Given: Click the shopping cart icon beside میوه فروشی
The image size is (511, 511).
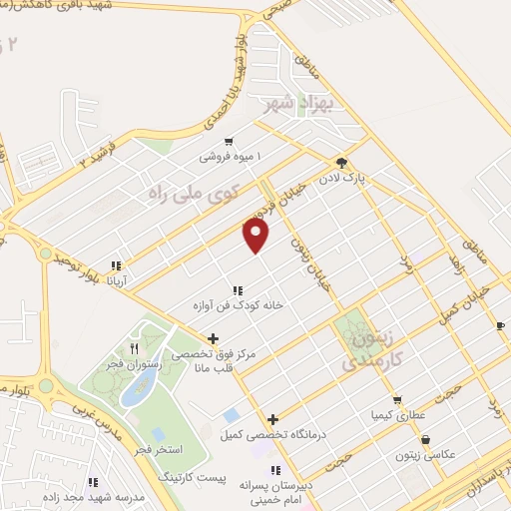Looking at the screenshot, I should click(x=231, y=142).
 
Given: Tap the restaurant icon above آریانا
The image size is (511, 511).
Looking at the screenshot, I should click(x=116, y=266).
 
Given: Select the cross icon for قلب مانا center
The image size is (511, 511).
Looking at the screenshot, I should click(x=213, y=339).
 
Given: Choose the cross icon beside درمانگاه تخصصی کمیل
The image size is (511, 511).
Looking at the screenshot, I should click(x=272, y=419).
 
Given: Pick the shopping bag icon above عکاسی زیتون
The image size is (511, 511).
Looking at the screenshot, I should click(x=426, y=439).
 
